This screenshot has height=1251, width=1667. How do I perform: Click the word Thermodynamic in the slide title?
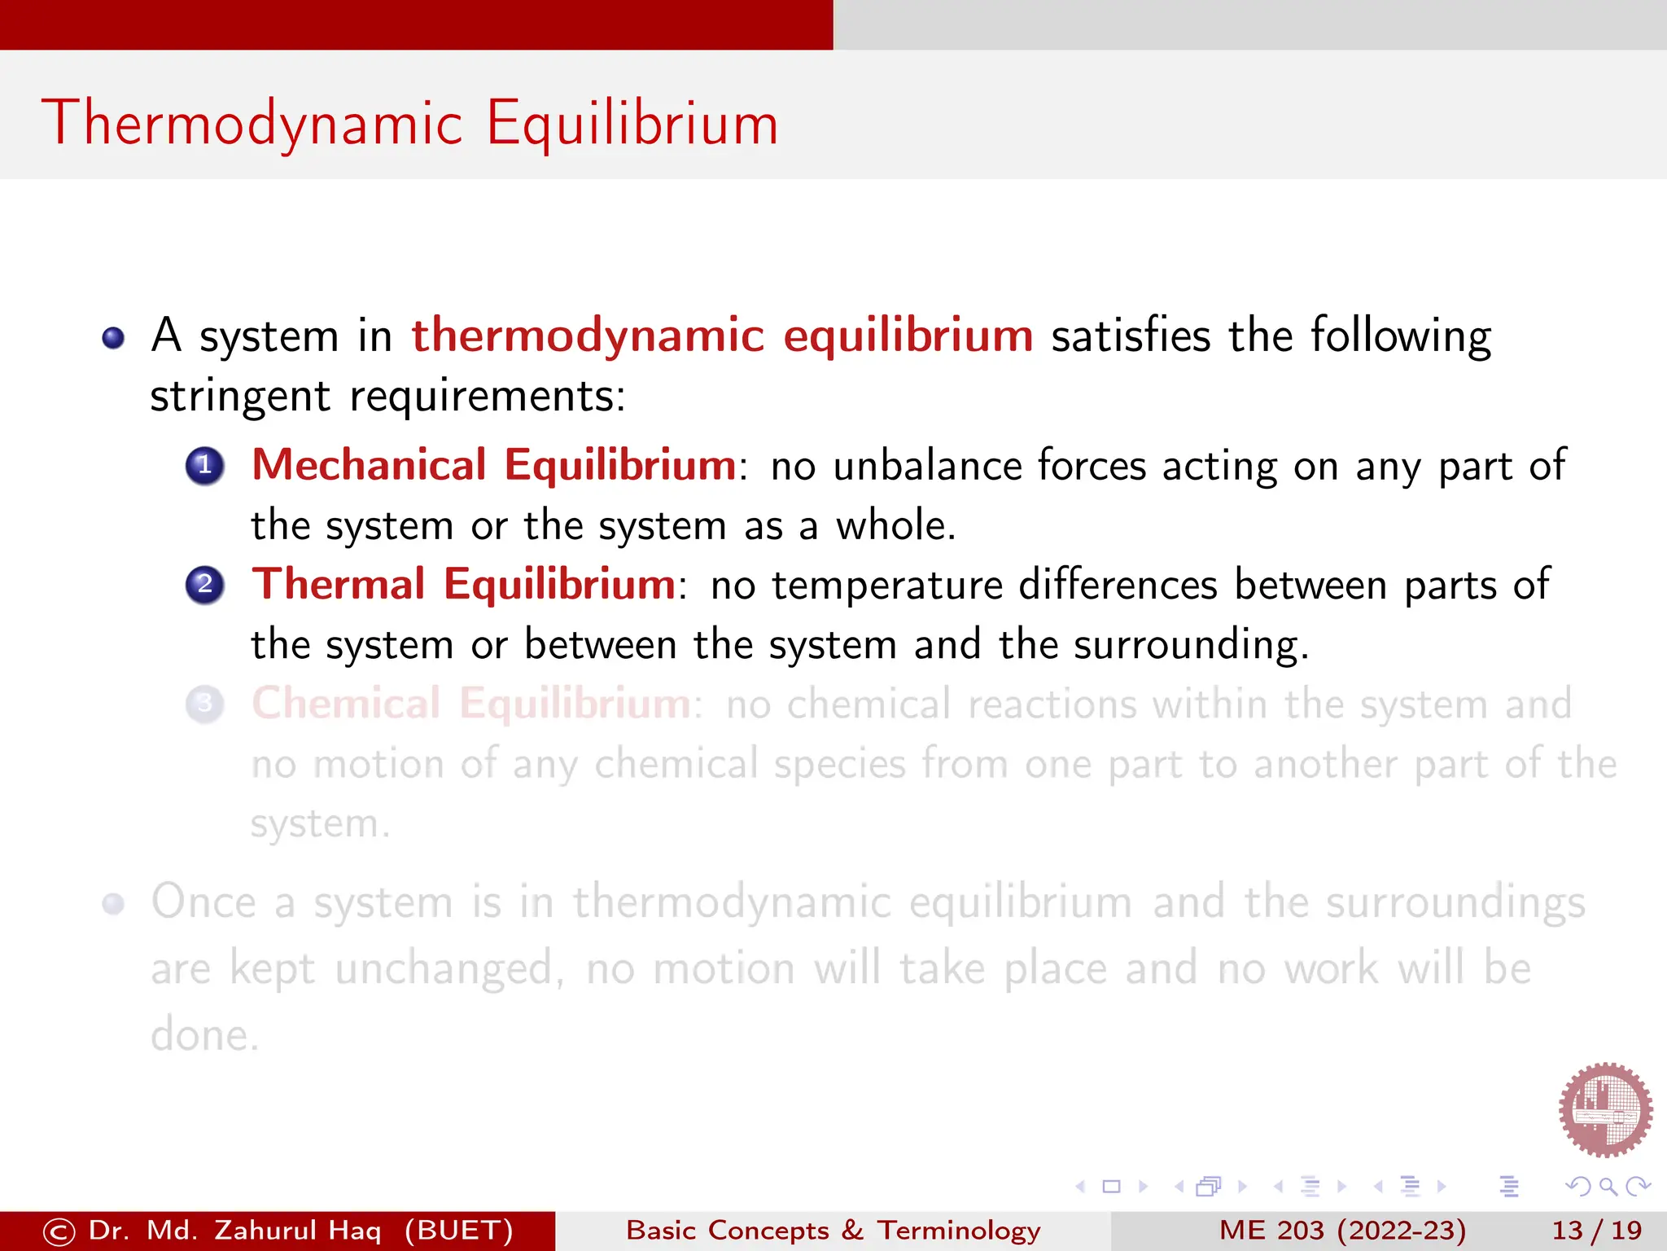click(x=252, y=124)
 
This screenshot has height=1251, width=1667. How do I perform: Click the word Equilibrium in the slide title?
click(x=632, y=124)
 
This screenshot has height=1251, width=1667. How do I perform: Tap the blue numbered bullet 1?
click(x=205, y=466)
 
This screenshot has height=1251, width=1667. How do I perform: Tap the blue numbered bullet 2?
click(x=205, y=585)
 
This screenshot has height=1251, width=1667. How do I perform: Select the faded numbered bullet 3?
click(x=205, y=704)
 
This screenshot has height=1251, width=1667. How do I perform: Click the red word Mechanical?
click(x=369, y=465)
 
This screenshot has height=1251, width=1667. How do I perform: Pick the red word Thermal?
click(x=339, y=584)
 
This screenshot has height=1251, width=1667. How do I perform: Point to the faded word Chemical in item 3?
click(x=346, y=703)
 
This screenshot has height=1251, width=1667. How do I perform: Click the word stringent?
click(x=240, y=397)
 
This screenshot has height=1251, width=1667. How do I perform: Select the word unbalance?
click(x=927, y=466)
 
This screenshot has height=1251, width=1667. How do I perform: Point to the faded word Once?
click(x=203, y=902)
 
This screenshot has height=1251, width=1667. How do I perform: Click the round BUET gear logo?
click(x=1605, y=1109)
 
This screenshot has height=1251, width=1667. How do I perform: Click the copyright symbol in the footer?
click(x=59, y=1231)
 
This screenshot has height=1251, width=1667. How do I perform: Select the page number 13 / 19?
click(x=1596, y=1230)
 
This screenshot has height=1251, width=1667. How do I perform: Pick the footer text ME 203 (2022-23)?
click(x=1342, y=1230)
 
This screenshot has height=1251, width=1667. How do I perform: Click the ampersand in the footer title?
click(x=852, y=1230)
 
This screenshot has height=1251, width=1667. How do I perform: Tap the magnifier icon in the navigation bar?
click(x=1608, y=1187)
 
